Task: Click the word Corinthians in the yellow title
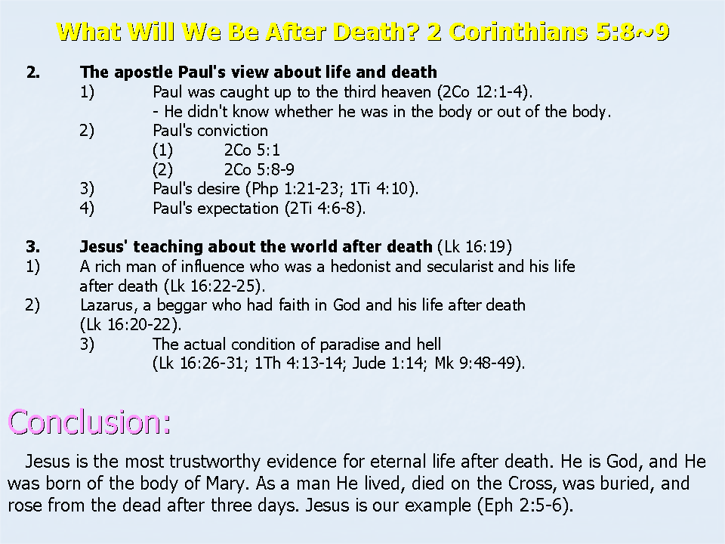pos(518,32)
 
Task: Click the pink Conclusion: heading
pos(89,422)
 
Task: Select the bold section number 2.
pos(32,73)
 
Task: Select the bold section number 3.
pos(32,246)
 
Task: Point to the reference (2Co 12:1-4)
pos(485,92)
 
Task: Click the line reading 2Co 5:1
pos(252,150)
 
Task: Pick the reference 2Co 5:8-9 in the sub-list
pos(259,169)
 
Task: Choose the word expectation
pos(238,209)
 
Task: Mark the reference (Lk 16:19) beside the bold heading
pos(474,246)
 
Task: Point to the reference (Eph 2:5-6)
pos(526,505)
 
